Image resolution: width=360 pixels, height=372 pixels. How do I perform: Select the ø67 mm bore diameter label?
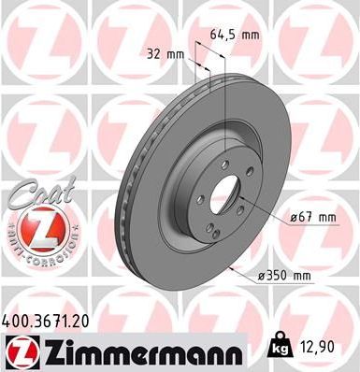[311, 218]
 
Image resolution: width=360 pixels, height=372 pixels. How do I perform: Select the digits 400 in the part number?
[17, 320]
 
